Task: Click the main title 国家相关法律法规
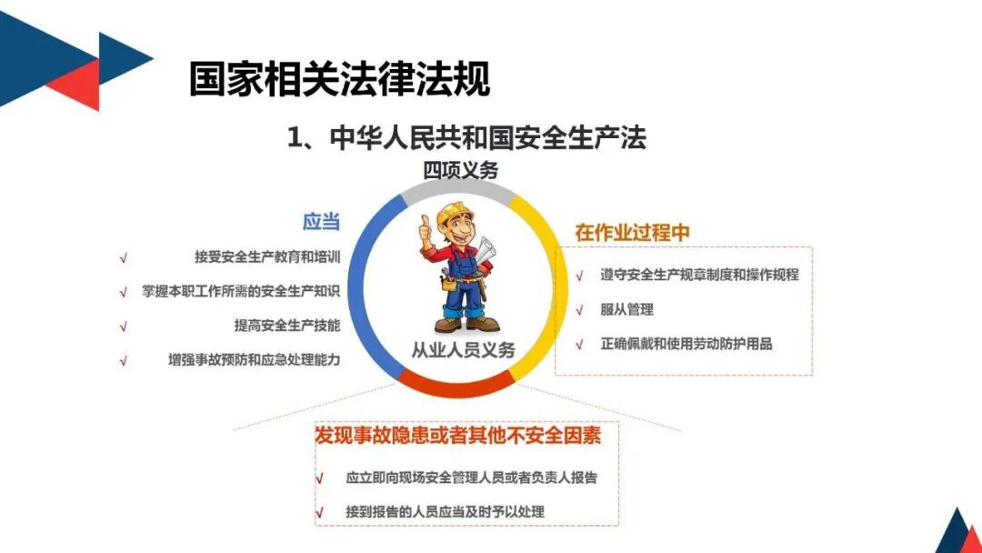339,79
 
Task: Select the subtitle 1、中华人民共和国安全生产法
466,137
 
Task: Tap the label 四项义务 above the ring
460,170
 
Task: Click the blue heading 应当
321,221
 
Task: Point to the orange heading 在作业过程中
632,232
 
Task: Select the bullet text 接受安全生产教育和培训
266,257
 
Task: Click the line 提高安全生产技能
286,325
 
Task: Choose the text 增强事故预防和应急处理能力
254,359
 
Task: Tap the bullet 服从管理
626,309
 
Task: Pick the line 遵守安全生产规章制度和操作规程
698,274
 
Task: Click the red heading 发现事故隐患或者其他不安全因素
457,436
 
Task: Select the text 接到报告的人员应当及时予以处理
445,511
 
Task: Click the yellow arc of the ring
551,273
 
